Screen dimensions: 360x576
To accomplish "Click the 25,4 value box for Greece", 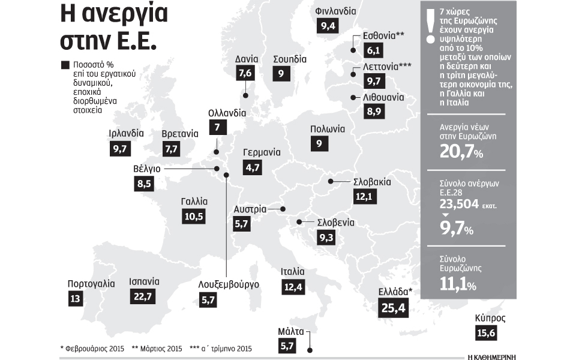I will (x=394, y=308).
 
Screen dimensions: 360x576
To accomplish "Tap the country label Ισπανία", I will (x=144, y=281).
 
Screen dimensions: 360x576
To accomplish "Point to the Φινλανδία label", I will (x=335, y=11).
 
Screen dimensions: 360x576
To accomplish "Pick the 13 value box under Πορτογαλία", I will (x=75, y=298).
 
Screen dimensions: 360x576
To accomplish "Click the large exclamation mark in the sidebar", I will (x=429, y=27).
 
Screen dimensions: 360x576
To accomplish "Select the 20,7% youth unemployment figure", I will (x=461, y=152).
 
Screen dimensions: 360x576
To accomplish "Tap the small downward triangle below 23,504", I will (x=445, y=215).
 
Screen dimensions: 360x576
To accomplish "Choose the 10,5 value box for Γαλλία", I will (x=193, y=217).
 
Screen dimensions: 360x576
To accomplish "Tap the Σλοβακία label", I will (x=372, y=181).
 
